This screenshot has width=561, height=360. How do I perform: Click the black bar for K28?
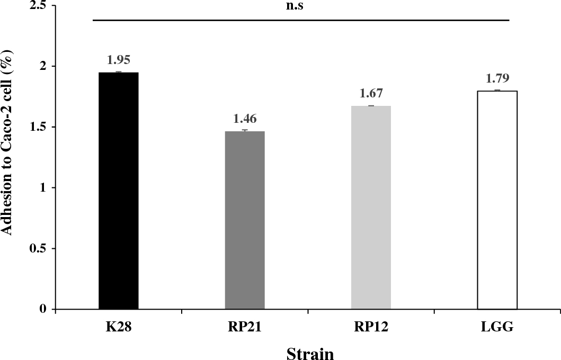pos(119,191)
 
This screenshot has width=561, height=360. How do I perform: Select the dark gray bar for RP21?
pos(245,220)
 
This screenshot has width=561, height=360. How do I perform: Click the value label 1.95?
pos(119,60)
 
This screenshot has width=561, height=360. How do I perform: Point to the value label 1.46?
pos(245,119)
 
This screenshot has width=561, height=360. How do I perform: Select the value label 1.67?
pos(371,94)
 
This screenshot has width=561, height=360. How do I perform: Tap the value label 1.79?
pos(497,79)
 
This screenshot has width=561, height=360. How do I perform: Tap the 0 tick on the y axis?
pos(43,309)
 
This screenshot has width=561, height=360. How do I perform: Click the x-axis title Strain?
pos(310,353)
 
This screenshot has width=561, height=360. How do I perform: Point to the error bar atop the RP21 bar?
pos(245,130)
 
